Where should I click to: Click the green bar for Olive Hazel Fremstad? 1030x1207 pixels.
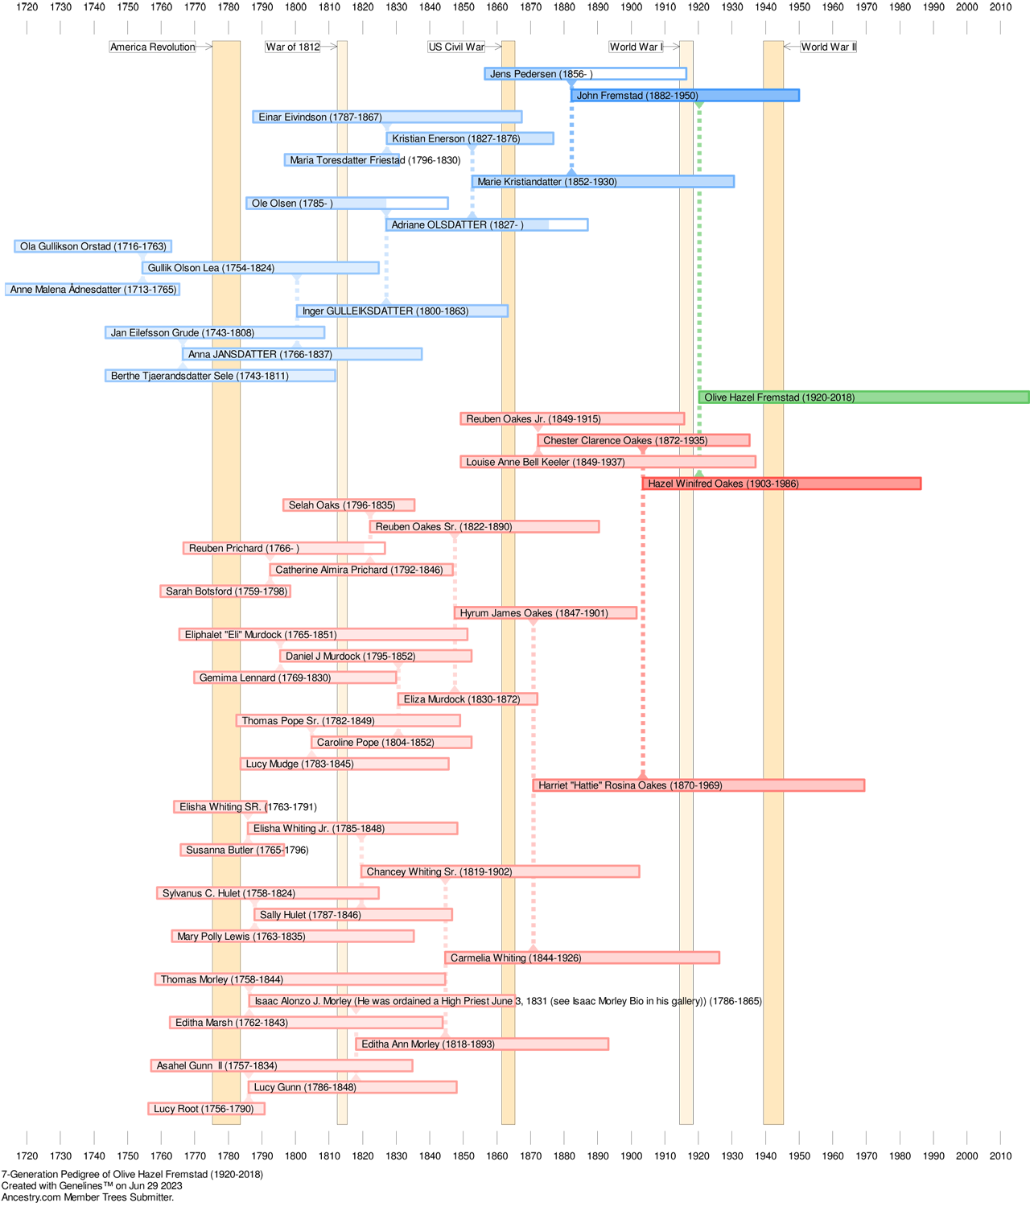pyautogui.click(x=863, y=397)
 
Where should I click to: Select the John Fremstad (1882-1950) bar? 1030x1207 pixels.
pyautogui.click(x=685, y=95)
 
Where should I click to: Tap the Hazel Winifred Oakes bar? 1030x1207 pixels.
pyautogui.click(x=782, y=484)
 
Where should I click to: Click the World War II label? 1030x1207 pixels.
pyautogui.click(x=829, y=47)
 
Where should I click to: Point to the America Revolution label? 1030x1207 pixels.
pyautogui.click(x=152, y=47)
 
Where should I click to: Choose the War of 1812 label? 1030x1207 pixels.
pyautogui.click(x=293, y=47)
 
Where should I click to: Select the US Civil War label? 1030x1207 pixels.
pyautogui.click(x=456, y=47)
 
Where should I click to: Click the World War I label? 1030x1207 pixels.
pyautogui.click(x=636, y=47)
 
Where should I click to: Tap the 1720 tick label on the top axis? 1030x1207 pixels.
pyautogui.click(x=27, y=7)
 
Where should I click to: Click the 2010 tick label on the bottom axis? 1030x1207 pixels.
pyautogui.click(x=1001, y=1156)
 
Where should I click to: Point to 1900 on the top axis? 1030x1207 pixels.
pyautogui.click(x=631, y=7)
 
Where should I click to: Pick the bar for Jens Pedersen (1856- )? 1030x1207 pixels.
pyautogui.click(x=585, y=73)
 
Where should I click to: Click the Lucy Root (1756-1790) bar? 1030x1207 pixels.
pyautogui.click(x=207, y=1108)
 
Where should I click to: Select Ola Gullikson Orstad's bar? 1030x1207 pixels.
pyautogui.click(x=93, y=246)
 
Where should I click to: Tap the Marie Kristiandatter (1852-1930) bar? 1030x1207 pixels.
pyautogui.click(x=604, y=182)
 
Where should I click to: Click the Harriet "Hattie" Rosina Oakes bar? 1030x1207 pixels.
pyautogui.click(x=698, y=785)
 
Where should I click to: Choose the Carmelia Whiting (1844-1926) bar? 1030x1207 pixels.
pyautogui.click(x=582, y=958)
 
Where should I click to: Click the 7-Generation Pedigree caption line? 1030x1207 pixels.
pyautogui.click(x=132, y=1174)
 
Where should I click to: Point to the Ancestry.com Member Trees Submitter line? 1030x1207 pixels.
pyautogui.click(x=88, y=1197)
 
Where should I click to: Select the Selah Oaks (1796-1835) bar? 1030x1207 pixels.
pyautogui.click(x=348, y=505)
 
